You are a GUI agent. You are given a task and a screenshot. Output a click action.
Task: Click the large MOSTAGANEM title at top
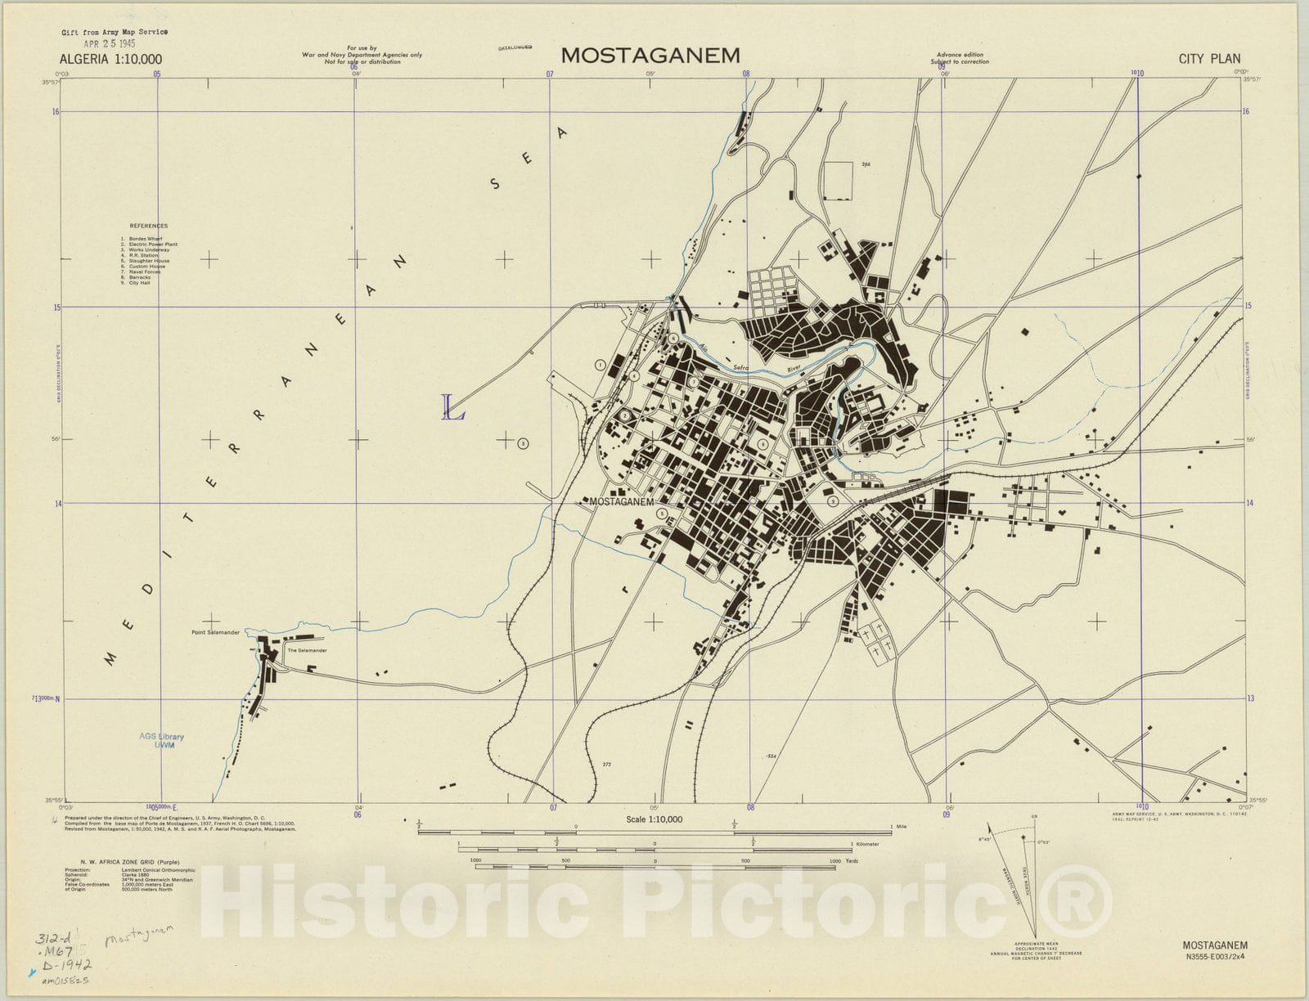[x=650, y=56]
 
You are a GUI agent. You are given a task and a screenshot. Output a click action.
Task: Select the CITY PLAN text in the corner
[x=1209, y=59]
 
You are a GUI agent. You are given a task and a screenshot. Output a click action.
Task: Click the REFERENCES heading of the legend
[x=148, y=226]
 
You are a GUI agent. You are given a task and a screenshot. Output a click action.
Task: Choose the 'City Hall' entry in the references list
[x=139, y=283]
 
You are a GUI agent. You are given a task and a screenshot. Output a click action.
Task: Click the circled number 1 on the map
[x=600, y=366]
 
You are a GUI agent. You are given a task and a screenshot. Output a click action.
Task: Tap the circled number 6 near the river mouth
[x=673, y=338]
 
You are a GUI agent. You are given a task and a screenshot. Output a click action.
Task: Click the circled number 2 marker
[x=625, y=415]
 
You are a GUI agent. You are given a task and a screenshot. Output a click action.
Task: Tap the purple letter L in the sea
[x=452, y=407]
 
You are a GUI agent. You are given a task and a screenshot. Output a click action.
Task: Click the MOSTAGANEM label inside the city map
[x=622, y=502]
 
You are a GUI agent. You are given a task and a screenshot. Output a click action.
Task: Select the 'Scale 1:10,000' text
[x=654, y=819]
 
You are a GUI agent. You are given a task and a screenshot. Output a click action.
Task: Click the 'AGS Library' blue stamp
[x=161, y=737]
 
